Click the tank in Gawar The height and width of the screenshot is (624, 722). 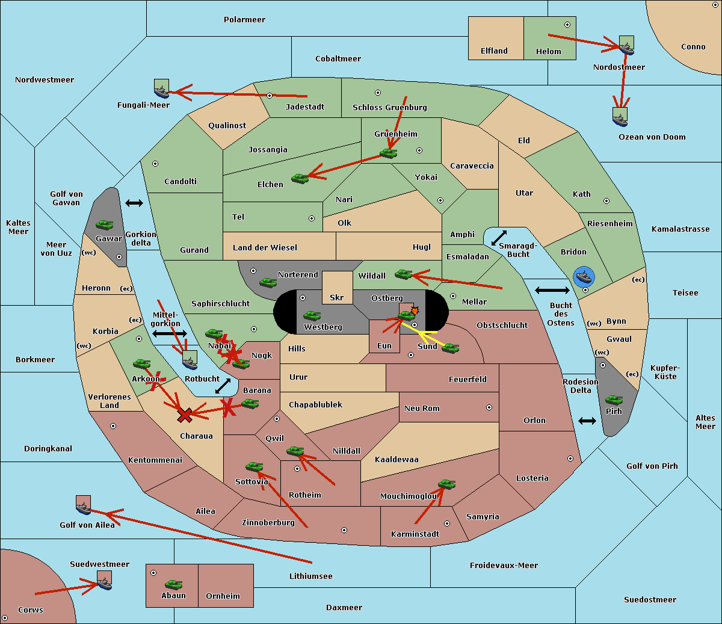pyautogui.click(x=104, y=224)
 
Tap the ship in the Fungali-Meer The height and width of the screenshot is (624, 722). pyautogui.click(x=161, y=88)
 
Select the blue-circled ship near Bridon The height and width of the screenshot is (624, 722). pyautogui.click(x=584, y=277)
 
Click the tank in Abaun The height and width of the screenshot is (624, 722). pyautogui.click(x=173, y=584)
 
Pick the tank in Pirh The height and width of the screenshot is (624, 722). pyautogui.click(x=614, y=400)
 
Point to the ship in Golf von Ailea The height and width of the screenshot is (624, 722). pyautogui.click(x=83, y=505)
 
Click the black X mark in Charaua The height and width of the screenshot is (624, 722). pyautogui.click(x=185, y=415)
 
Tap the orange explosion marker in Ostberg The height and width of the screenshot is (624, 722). pyautogui.click(x=415, y=310)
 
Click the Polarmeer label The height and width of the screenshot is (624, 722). pyautogui.click(x=244, y=20)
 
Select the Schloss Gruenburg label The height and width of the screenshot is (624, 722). pyautogui.click(x=390, y=107)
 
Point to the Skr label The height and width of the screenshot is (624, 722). pyautogui.click(x=337, y=297)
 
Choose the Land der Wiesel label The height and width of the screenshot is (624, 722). pyautogui.click(x=265, y=248)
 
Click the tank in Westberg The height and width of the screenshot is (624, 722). pyautogui.click(x=312, y=315)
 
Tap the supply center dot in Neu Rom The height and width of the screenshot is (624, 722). pyautogui.click(x=489, y=407)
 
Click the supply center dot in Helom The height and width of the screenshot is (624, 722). pyautogui.click(x=567, y=25)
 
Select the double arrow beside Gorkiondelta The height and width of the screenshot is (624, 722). pyautogui.click(x=134, y=203)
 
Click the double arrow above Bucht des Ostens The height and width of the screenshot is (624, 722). pyautogui.click(x=552, y=290)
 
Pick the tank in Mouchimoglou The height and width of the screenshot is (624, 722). pyautogui.click(x=447, y=484)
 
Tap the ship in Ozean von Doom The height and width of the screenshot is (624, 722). pyautogui.click(x=620, y=117)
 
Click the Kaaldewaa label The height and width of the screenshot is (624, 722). pyautogui.click(x=396, y=460)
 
